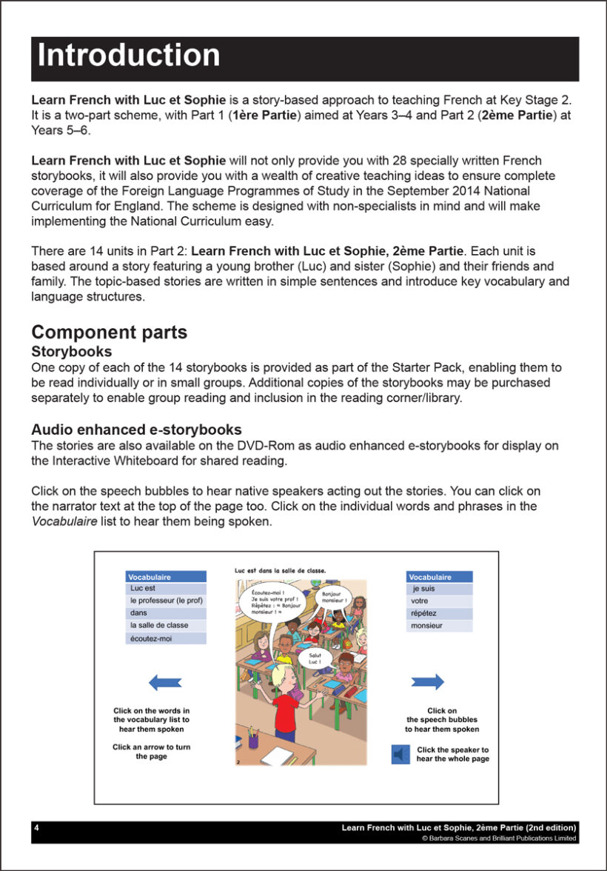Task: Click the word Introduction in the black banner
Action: [129, 56]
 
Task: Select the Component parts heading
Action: [109, 333]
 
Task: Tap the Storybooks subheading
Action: [72, 351]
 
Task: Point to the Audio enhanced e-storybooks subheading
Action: [136, 430]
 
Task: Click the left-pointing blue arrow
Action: [165, 682]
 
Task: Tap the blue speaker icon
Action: [400, 754]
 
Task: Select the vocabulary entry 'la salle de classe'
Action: [158, 625]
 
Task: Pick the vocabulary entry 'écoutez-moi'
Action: [151, 638]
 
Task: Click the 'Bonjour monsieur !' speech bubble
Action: [335, 596]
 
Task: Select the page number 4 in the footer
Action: [36, 827]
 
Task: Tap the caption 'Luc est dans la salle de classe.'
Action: [280, 570]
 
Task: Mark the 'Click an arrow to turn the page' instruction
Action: [151, 752]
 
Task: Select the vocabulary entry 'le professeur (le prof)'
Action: [166, 601]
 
